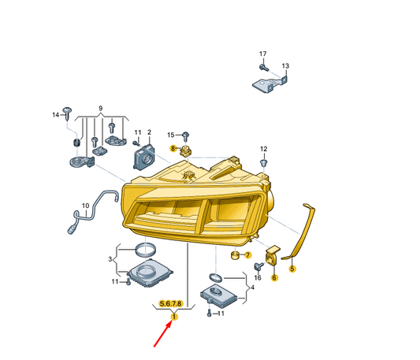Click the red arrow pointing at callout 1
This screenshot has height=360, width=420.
pyautogui.click(x=162, y=334)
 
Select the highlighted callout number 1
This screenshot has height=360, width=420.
pyautogui.click(x=174, y=317)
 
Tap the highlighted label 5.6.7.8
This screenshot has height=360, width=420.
pyautogui.click(x=171, y=303)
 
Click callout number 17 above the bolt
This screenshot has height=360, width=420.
pyautogui.click(x=262, y=54)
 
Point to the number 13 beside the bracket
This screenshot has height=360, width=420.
pyautogui.click(x=285, y=65)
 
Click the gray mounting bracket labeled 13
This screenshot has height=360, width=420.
pyautogui.click(x=270, y=84)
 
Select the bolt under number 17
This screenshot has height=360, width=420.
pyautogui.click(x=264, y=68)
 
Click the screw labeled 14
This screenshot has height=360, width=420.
pyautogui.click(x=67, y=113)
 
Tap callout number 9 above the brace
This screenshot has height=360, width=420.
pyautogui.click(x=100, y=109)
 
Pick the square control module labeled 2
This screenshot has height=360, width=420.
pyautogui.click(x=144, y=158)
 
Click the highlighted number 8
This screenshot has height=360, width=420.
pyautogui.click(x=173, y=148)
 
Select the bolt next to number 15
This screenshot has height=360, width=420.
pyautogui.click(x=185, y=136)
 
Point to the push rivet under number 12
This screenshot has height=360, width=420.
pyautogui.click(x=264, y=163)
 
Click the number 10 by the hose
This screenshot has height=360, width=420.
pyautogui.click(x=85, y=206)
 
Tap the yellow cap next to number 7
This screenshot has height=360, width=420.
pyautogui.click(x=235, y=255)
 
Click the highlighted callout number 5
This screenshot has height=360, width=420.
pyautogui.click(x=292, y=269)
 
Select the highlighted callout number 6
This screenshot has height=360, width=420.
pyautogui.click(x=274, y=278)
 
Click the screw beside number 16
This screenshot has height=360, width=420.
pyautogui.click(x=258, y=266)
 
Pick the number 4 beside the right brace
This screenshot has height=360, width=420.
pyautogui.click(x=253, y=288)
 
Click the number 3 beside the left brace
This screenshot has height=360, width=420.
pyautogui.click(x=110, y=259)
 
